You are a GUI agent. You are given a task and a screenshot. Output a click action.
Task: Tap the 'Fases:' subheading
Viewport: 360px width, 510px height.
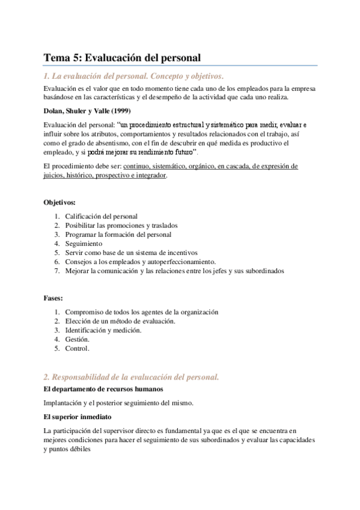(53, 298)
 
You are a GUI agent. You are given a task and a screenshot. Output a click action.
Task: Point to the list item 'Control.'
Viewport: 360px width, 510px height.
(77, 349)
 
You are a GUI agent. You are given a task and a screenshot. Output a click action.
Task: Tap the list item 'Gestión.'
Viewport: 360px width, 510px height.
(77, 340)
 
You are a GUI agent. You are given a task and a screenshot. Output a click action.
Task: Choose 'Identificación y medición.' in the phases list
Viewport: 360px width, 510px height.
(103, 330)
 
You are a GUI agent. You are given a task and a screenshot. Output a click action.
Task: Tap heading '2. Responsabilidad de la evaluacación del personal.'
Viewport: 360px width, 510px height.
(131, 377)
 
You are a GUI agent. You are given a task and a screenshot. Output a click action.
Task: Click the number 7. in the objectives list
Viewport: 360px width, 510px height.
(56, 271)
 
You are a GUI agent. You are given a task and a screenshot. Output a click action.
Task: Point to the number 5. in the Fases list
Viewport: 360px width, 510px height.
(56, 349)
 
